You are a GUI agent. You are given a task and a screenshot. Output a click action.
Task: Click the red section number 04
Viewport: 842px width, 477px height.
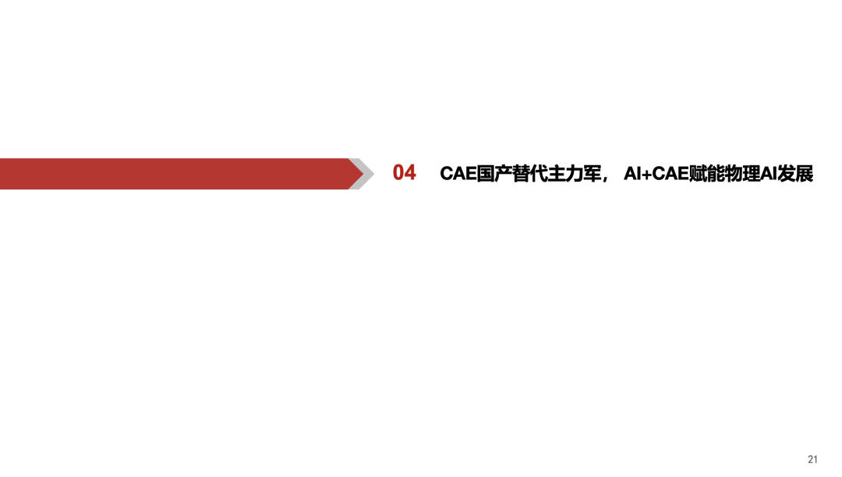(405, 173)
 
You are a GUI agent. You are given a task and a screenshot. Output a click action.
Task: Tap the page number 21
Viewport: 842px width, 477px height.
(813, 459)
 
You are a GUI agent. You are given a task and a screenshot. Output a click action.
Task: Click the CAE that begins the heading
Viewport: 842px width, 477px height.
(458, 174)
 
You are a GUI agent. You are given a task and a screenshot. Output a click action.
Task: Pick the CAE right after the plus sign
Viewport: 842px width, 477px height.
(670, 174)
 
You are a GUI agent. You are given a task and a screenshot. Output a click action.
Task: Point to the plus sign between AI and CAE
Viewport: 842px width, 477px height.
(646, 174)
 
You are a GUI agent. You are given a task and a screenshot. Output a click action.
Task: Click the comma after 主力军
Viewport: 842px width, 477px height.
(606, 178)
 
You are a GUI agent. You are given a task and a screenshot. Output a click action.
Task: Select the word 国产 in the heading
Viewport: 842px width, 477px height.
(496, 174)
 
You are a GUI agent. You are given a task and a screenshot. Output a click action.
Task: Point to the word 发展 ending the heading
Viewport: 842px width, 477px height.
(795, 174)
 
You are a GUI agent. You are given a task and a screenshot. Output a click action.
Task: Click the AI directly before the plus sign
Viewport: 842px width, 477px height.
(631, 174)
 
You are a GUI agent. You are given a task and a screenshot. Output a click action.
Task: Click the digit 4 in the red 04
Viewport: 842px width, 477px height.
(411, 173)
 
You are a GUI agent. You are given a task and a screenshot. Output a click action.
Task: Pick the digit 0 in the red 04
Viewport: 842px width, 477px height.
(398, 173)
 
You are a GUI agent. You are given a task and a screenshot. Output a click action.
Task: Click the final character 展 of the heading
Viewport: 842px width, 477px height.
(805, 174)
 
